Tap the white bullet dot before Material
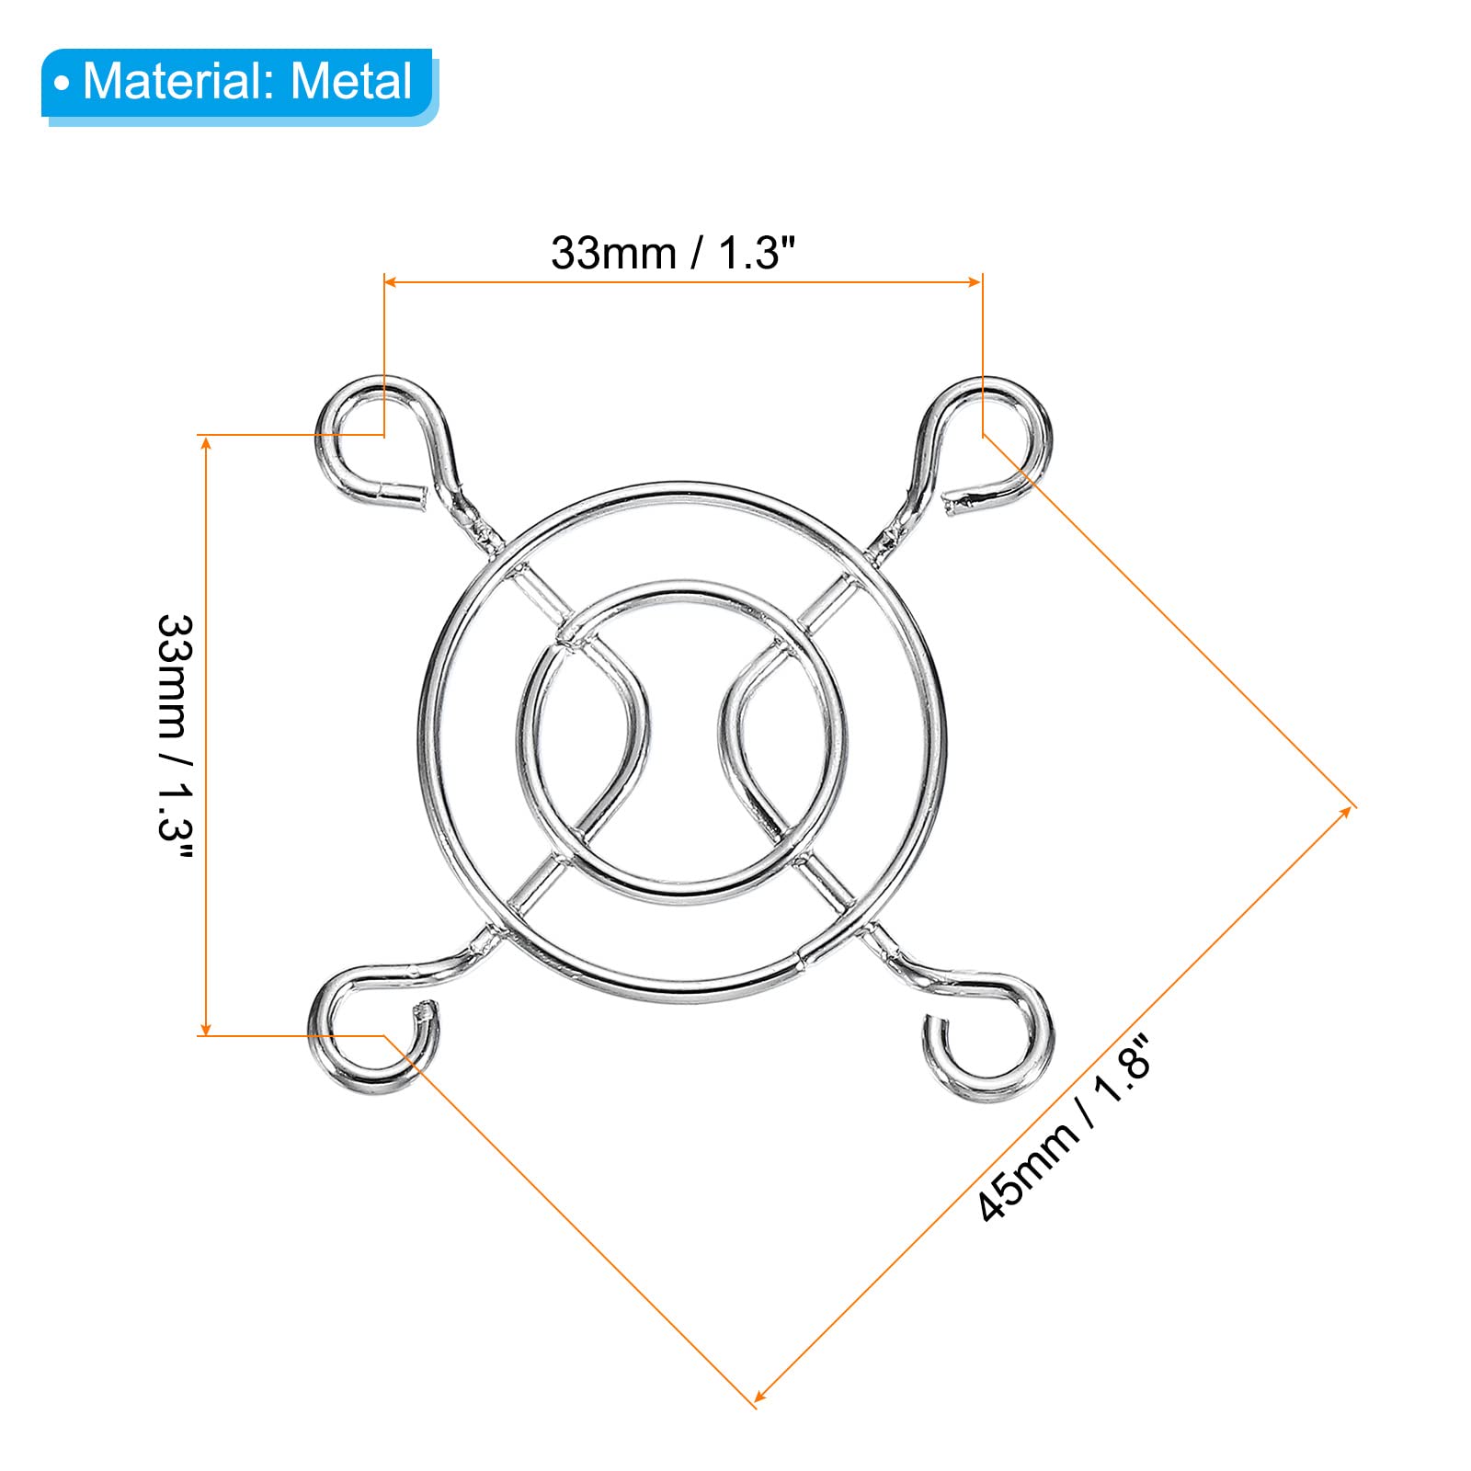62,84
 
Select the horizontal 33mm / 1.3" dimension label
672,252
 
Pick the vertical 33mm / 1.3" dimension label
175,735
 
